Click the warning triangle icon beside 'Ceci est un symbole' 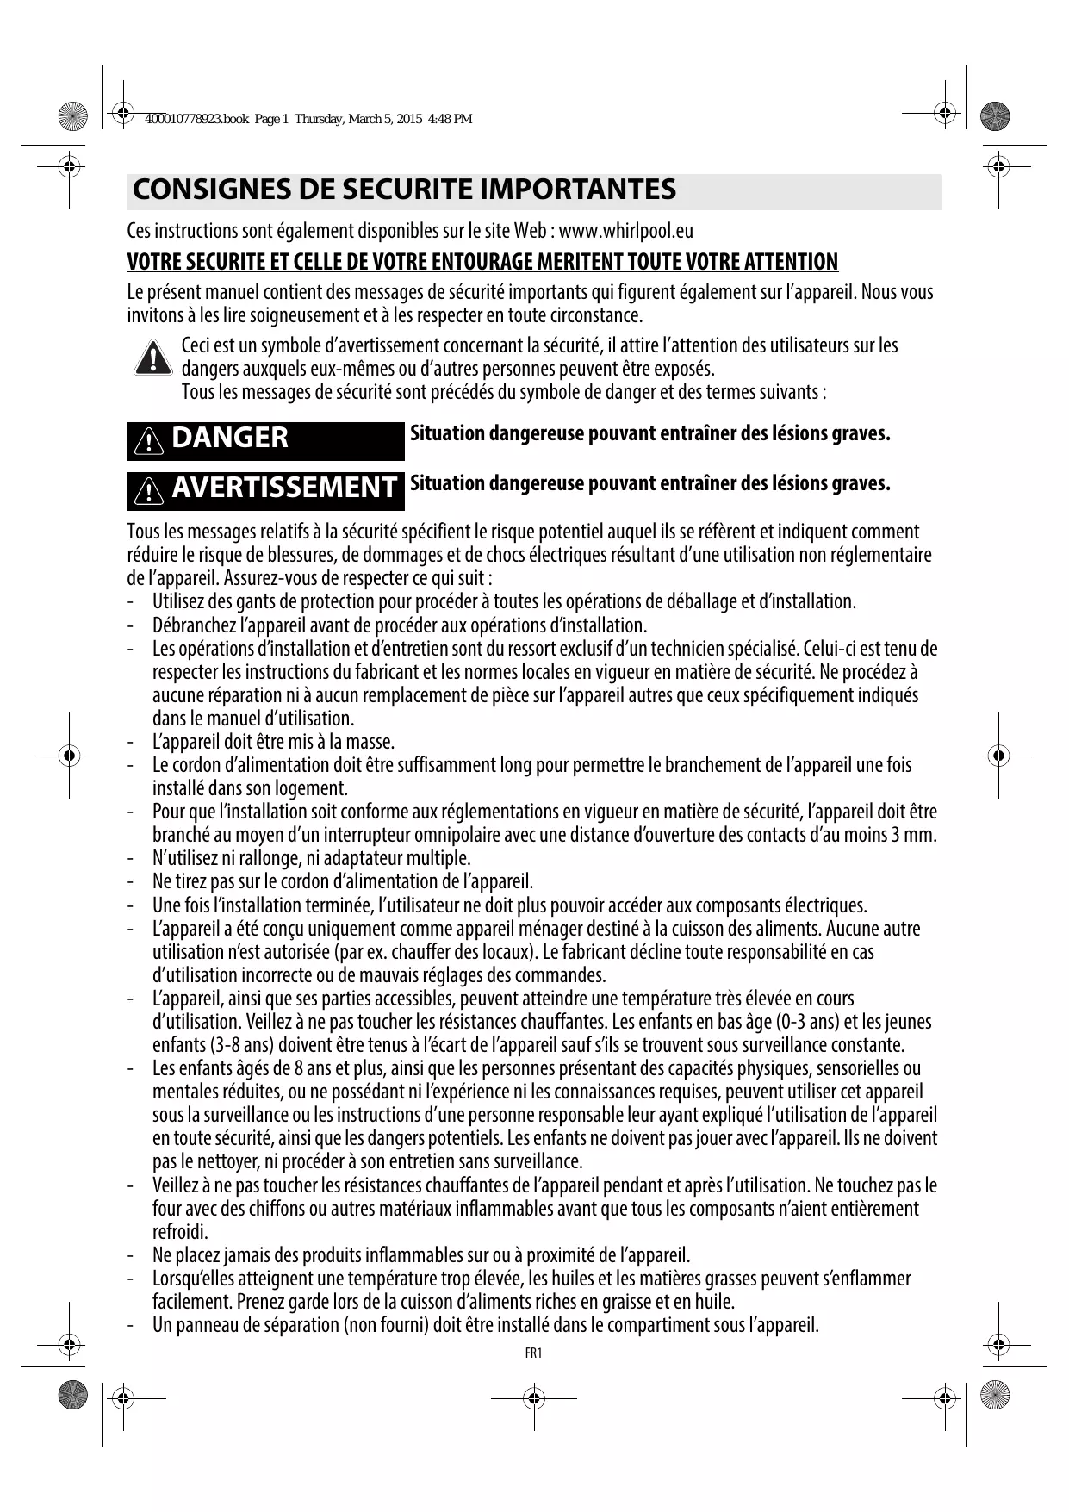(152, 358)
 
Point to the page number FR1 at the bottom (533, 1353)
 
